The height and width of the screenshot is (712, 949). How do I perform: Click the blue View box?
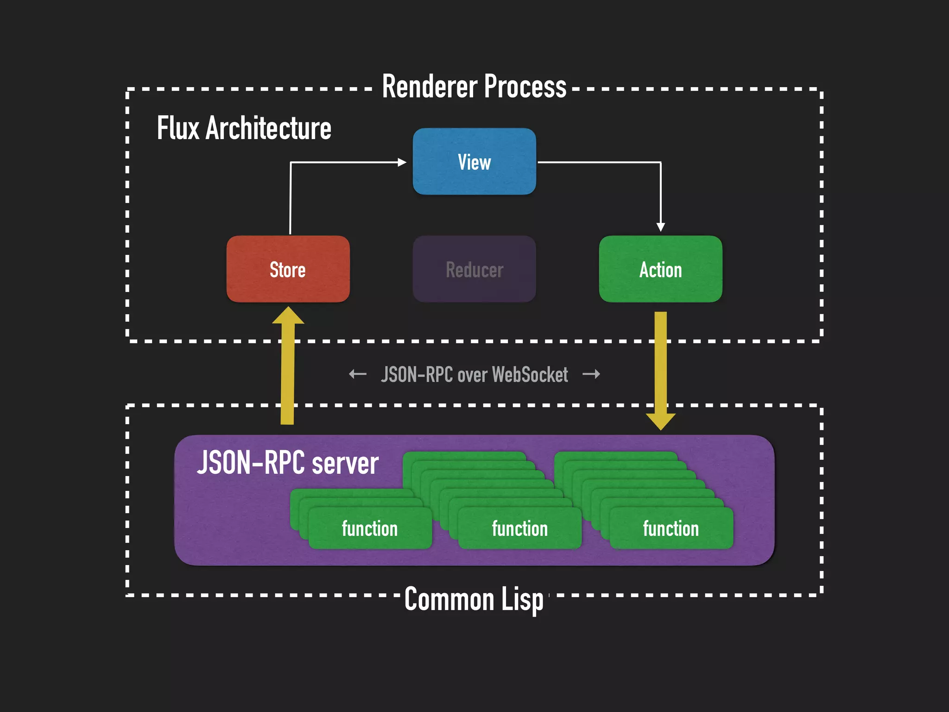click(x=474, y=162)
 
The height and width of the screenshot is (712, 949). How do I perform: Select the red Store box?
click(x=288, y=269)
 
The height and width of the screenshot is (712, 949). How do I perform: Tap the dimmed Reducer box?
click(x=474, y=269)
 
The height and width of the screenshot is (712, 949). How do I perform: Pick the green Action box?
click(x=660, y=269)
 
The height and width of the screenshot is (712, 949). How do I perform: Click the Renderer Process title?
click(x=474, y=87)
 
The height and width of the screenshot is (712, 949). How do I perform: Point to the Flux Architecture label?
click(x=244, y=128)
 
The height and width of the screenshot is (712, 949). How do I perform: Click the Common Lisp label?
click(x=474, y=599)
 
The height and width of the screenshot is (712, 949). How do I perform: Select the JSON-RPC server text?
click(x=288, y=463)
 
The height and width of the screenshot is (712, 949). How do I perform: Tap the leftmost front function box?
click(x=370, y=528)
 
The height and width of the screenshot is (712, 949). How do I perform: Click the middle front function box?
click(x=519, y=528)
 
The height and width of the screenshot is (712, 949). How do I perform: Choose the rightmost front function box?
click(x=671, y=528)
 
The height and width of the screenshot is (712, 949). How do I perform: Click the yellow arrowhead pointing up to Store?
click(x=288, y=317)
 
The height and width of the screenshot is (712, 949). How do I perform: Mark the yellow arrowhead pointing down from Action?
click(x=661, y=420)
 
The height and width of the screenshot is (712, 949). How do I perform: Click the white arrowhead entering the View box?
click(x=402, y=162)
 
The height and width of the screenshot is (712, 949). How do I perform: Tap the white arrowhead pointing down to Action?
click(x=661, y=227)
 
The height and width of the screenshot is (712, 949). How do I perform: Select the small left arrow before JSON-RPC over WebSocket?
click(x=358, y=374)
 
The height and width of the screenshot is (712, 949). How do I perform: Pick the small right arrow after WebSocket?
click(x=591, y=374)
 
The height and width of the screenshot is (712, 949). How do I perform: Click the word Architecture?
click(x=268, y=128)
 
